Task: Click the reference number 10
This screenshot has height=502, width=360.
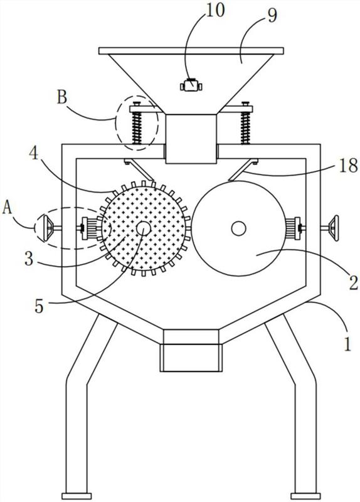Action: coord(216,10)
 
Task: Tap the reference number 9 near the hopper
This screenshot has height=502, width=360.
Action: coord(272,15)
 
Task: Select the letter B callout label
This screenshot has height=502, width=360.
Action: coord(62,97)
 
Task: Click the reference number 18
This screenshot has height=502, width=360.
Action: coord(348,166)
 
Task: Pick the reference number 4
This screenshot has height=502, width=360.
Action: coord(34,154)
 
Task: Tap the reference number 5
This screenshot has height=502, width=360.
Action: coord(39,306)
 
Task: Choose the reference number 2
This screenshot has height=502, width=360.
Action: coord(353,283)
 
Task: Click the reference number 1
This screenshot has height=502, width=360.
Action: coord(347,344)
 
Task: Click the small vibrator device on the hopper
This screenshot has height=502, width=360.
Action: coord(191,85)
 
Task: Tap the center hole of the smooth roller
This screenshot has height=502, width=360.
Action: coord(238,228)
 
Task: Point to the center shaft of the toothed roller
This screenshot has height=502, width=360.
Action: coord(144,228)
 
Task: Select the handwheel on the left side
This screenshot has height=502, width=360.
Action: coord(47,228)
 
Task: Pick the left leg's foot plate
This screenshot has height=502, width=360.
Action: coord(77,496)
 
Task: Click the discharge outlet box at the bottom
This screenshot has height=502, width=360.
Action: coord(191,358)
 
